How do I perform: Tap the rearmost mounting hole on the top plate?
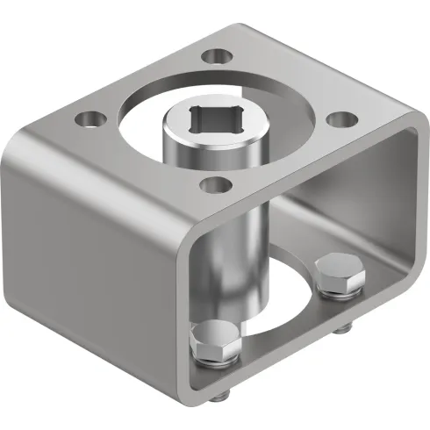pyautogui.click(x=213, y=57)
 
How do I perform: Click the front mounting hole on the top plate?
pyautogui.click(x=212, y=183)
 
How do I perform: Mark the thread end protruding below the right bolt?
pyautogui.click(x=345, y=327)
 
